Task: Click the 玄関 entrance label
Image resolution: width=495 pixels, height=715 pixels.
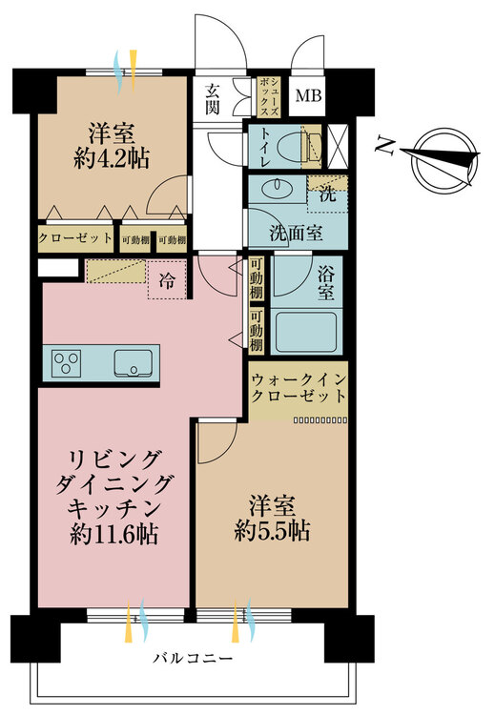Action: tap(212, 99)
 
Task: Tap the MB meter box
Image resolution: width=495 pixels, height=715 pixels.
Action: tap(307, 95)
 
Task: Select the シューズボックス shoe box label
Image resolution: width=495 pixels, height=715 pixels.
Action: tap(266, 98)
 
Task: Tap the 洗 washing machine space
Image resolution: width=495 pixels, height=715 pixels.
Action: tap(326, 191)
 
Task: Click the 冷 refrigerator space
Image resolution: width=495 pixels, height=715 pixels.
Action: tap(167, 281)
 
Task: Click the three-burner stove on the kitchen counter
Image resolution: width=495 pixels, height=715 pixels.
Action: tap(68, 362)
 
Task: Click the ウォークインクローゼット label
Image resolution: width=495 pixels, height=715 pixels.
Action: tap(298, 387)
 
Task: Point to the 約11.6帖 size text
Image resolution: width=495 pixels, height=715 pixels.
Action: tap(114, 535)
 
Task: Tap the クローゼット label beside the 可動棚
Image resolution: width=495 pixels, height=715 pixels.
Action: tap(75, 240)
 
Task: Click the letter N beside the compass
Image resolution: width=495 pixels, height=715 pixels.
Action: tap(385, 146)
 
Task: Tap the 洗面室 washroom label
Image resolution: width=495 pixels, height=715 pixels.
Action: tap(292, 231)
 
